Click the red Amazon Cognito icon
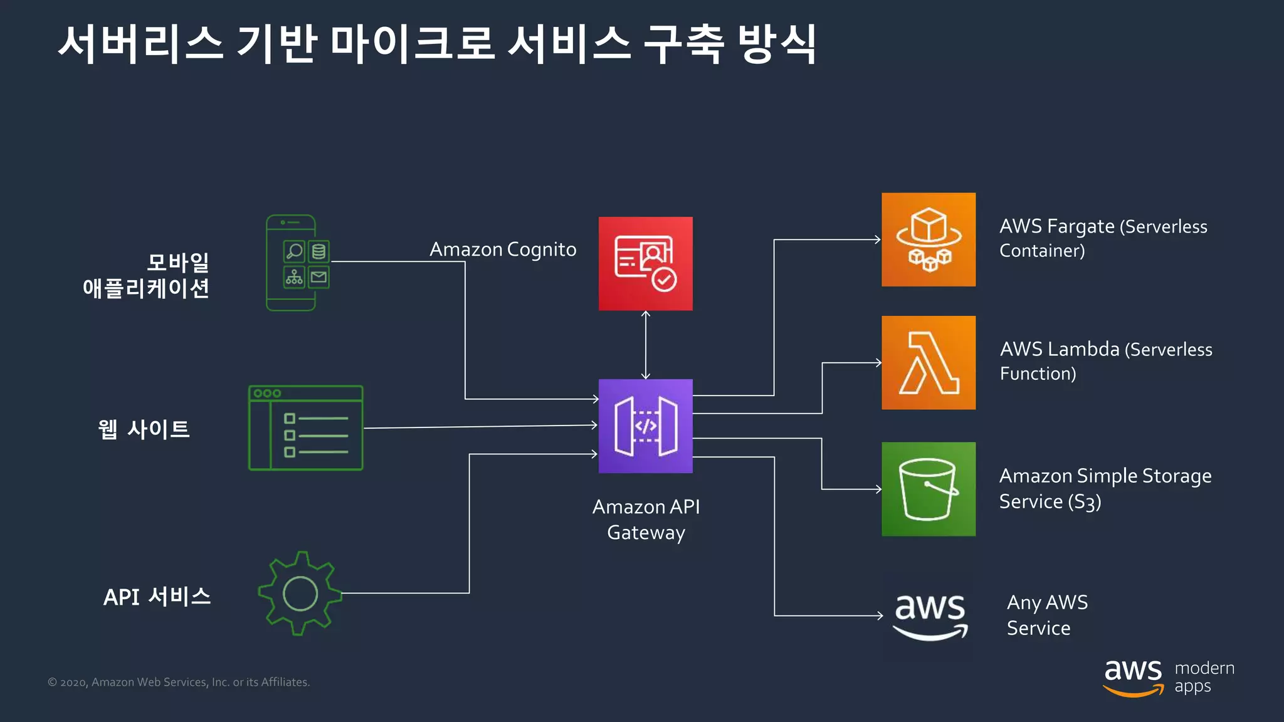pyautogui.click(x=645, y=263)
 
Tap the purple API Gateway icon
pyautogui.click(x=645, y=426)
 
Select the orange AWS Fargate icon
pyautogui.click(x=928, y=239)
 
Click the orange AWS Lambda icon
pyautogui.click(x=928, y=362)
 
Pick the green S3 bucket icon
pyautogui.click(x=928, y=489)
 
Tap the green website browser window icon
pyautogui.click(x=305, y=428)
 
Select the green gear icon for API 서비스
pyautogui.click(x=300, y=593)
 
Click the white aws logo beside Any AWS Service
pyautogui.click(x=930, y=615)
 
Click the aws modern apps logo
pyautogui.click(x=1168, y=678)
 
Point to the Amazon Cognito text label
pyautogui.click(x=502, y=249)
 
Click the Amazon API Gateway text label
pyautogui.click(x=646, y=519)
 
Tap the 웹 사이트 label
pyautogui.click(x=144, y=429)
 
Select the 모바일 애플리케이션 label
pyautogui.click(x=147, y=275)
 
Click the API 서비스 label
pyautogui.click(x=157, y=597)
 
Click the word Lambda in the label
pyautogui.click(x=1084, y=349)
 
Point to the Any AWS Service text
pyautogui.click(x=1046, y=615)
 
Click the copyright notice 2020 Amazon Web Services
pyautogui.click(x=179, y=682)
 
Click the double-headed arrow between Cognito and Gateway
pyautogui.click(x=645, y=345)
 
